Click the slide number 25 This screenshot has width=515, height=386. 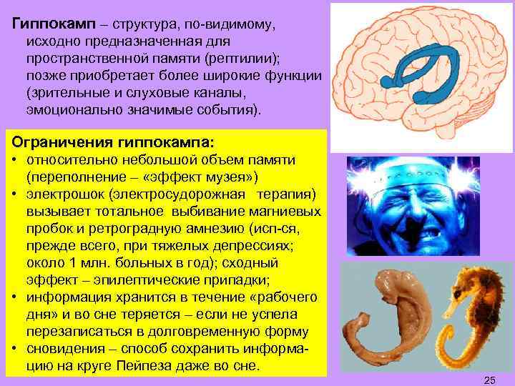(x=490, y=378)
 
